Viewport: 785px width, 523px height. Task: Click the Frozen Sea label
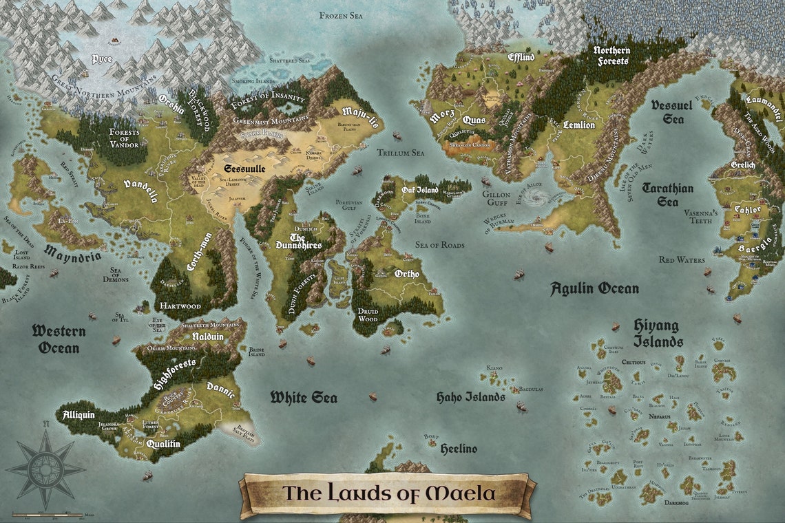click(342, 14)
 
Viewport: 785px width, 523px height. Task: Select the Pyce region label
click(101, 59)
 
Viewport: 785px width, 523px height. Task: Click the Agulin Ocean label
click(594, 288)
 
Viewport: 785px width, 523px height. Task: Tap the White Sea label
click(303, 397)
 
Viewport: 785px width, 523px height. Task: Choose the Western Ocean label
click(59, 339)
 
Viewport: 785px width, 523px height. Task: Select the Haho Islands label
click(471, 397)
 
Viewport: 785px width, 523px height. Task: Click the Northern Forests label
click(611, 56)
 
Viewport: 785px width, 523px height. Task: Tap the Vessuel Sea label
click(671, 111)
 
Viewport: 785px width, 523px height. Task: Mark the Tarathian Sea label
click(667, 194)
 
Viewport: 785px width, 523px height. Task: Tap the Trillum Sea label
click(400, 153)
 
